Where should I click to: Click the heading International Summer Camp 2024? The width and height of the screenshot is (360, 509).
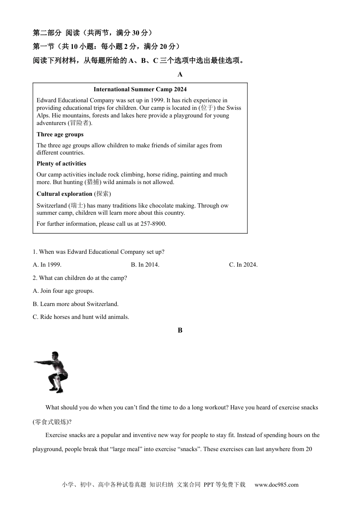click(140, 89)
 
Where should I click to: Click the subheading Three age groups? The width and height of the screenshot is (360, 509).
click(60, 134)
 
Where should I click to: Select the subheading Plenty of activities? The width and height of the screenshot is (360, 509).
click(61, 164)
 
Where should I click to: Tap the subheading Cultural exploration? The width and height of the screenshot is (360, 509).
click(64, 194)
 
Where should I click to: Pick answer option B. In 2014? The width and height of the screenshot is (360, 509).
click(145, 265)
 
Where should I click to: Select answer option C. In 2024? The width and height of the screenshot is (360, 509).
click(243, 265)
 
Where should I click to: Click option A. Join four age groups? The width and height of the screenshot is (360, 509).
click(63, 291)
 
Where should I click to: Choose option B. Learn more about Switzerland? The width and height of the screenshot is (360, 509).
click(75, 304)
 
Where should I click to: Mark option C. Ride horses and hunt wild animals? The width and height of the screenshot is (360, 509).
click(81, 317)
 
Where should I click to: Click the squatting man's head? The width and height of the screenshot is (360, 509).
click(55, 356)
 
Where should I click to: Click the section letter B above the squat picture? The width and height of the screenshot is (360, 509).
click(180, 330)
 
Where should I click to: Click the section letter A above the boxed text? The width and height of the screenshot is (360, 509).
click(180, 75)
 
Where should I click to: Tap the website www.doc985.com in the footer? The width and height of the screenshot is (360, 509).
click(276, 485)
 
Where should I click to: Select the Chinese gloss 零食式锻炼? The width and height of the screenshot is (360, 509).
click(51, 422)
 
